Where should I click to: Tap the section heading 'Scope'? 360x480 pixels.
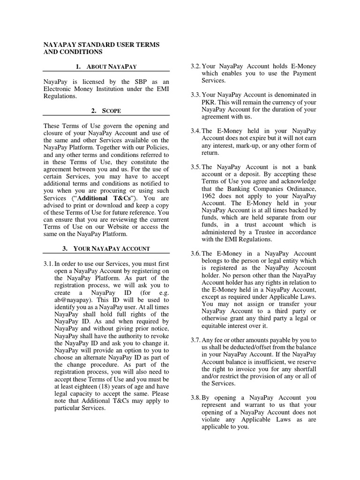point(106,111)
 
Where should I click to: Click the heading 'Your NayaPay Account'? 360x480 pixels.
point(106,248)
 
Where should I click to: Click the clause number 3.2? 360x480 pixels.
point(195,66)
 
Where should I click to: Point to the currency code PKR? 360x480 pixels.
point(208,102)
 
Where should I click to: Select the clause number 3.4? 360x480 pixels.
point(195,131)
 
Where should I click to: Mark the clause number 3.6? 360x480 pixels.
point(195,254)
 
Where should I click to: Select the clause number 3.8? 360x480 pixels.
point(195,398)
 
